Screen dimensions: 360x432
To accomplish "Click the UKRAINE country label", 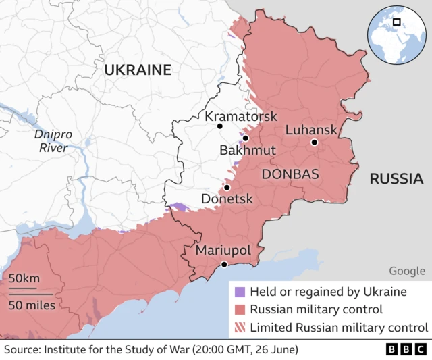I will point(137,70).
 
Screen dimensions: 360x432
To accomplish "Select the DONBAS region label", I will point(290,174).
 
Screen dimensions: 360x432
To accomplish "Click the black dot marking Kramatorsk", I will point(219,126).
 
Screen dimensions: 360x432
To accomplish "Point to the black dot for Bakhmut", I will point(246,138).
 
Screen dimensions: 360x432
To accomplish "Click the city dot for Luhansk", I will point(314,143).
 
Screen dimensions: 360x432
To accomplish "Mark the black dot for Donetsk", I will point(227,187).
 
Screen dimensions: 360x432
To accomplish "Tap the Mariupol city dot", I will point(223,264).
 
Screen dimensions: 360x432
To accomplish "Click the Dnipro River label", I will point(54,141).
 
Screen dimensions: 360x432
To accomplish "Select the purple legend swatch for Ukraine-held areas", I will point(239,292).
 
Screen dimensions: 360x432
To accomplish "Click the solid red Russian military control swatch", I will point(239,310).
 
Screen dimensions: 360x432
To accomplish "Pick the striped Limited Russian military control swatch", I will point(239,328).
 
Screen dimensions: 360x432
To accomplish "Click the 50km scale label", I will point(24,278).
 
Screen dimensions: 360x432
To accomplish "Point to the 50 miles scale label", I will point(32,305).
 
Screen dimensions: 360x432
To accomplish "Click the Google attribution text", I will point(406,271).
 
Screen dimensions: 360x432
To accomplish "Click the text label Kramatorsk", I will point(241,116).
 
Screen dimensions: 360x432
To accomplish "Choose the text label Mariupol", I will point(223,251).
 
